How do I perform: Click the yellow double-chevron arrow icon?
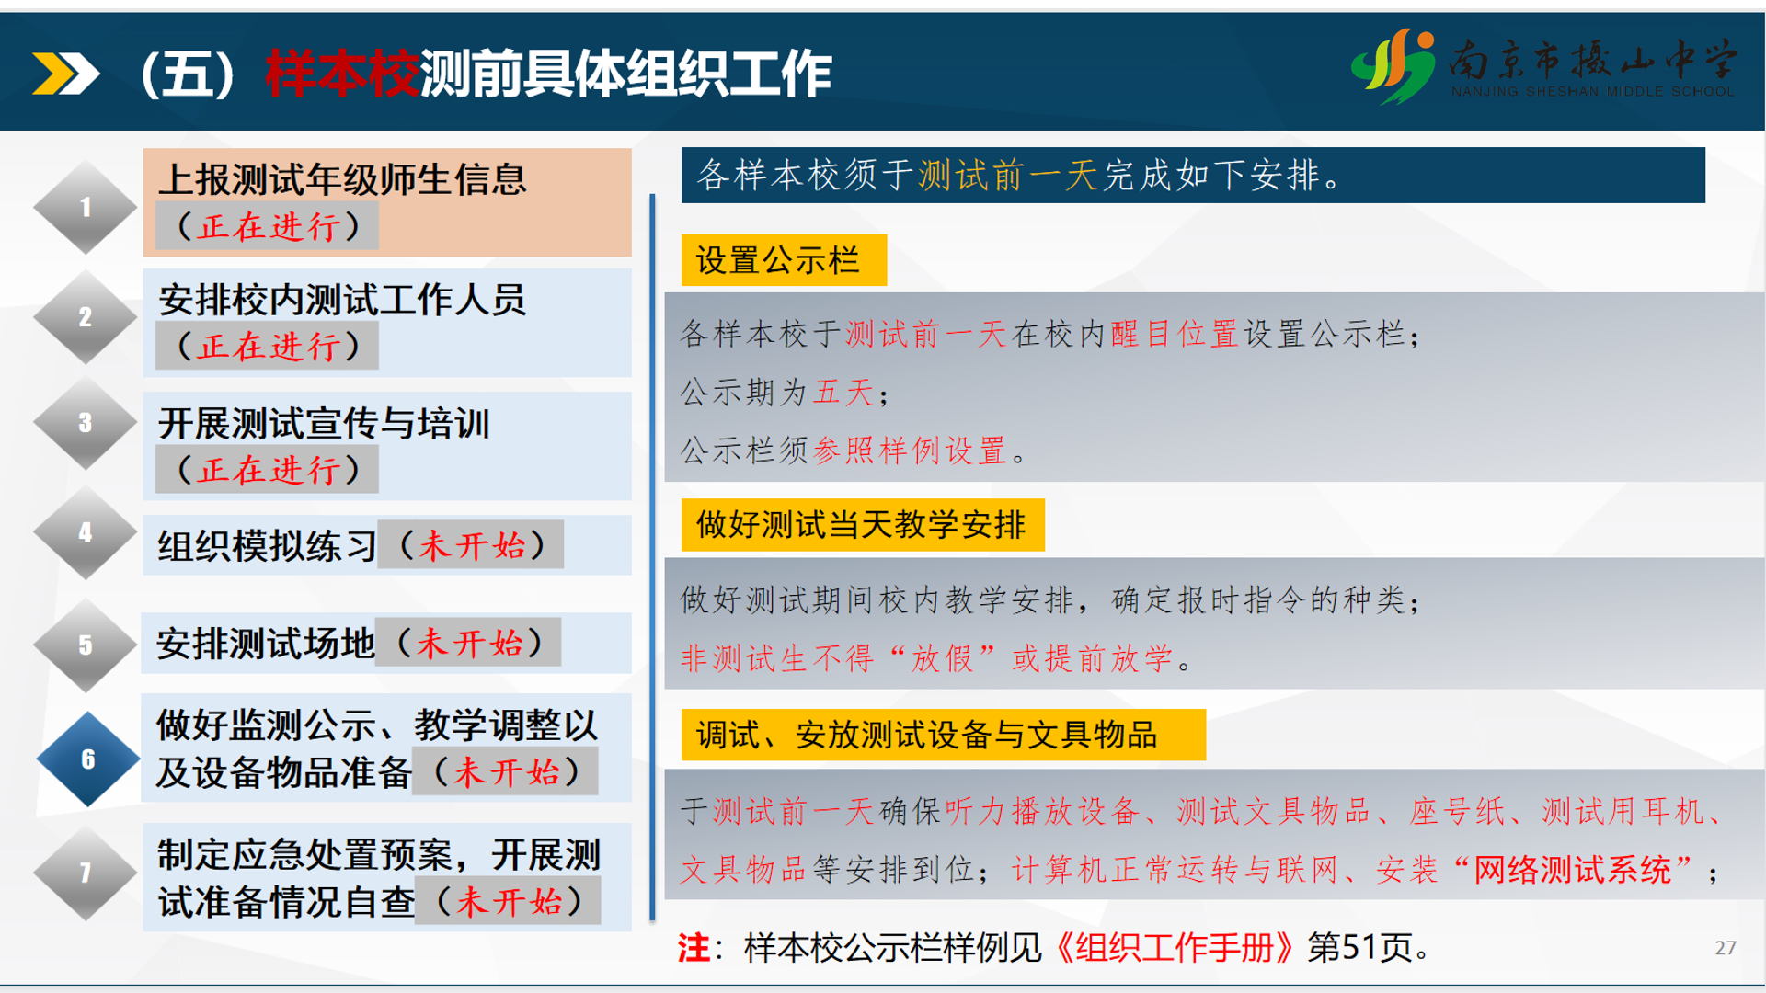coord(65,74)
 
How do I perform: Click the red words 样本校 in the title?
coord(343,74)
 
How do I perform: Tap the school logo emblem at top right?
coord(1393,65)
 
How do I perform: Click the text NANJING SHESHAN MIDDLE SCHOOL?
coord(1593,92)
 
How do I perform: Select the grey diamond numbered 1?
coord(86,207)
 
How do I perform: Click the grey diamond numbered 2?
coord(86,317)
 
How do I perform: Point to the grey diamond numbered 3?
coord(86,423)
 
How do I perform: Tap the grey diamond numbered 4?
coord(86,532)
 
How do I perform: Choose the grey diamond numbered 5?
coord(86,645)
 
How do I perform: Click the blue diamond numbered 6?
coord(88,759)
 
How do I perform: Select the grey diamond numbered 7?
coord(86,873)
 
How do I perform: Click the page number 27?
coord(1726,948)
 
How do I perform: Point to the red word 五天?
coord(843,393)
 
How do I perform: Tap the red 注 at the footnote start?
coord(694,947)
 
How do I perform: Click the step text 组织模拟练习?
coord(267,546)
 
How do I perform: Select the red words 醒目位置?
coord(1175,334)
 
